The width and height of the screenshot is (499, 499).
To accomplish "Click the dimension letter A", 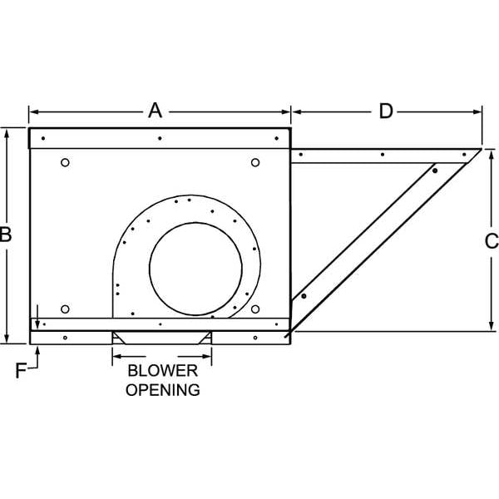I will click(x=155, y=111).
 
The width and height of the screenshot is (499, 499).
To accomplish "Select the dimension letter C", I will click(x=492, y=241).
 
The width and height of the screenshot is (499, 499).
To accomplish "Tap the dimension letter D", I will click(x=386, y=111).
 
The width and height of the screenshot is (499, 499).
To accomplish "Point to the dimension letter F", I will click(x=21, y=371).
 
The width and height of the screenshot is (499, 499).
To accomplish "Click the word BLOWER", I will click(x=162, y=371).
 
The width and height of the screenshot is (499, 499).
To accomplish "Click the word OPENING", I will click(x=162, y=388).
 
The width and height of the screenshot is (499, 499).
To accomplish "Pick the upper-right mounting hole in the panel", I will click(x=255, y=162).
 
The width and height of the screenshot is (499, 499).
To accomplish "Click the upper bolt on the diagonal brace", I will click(x=434, y=170).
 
